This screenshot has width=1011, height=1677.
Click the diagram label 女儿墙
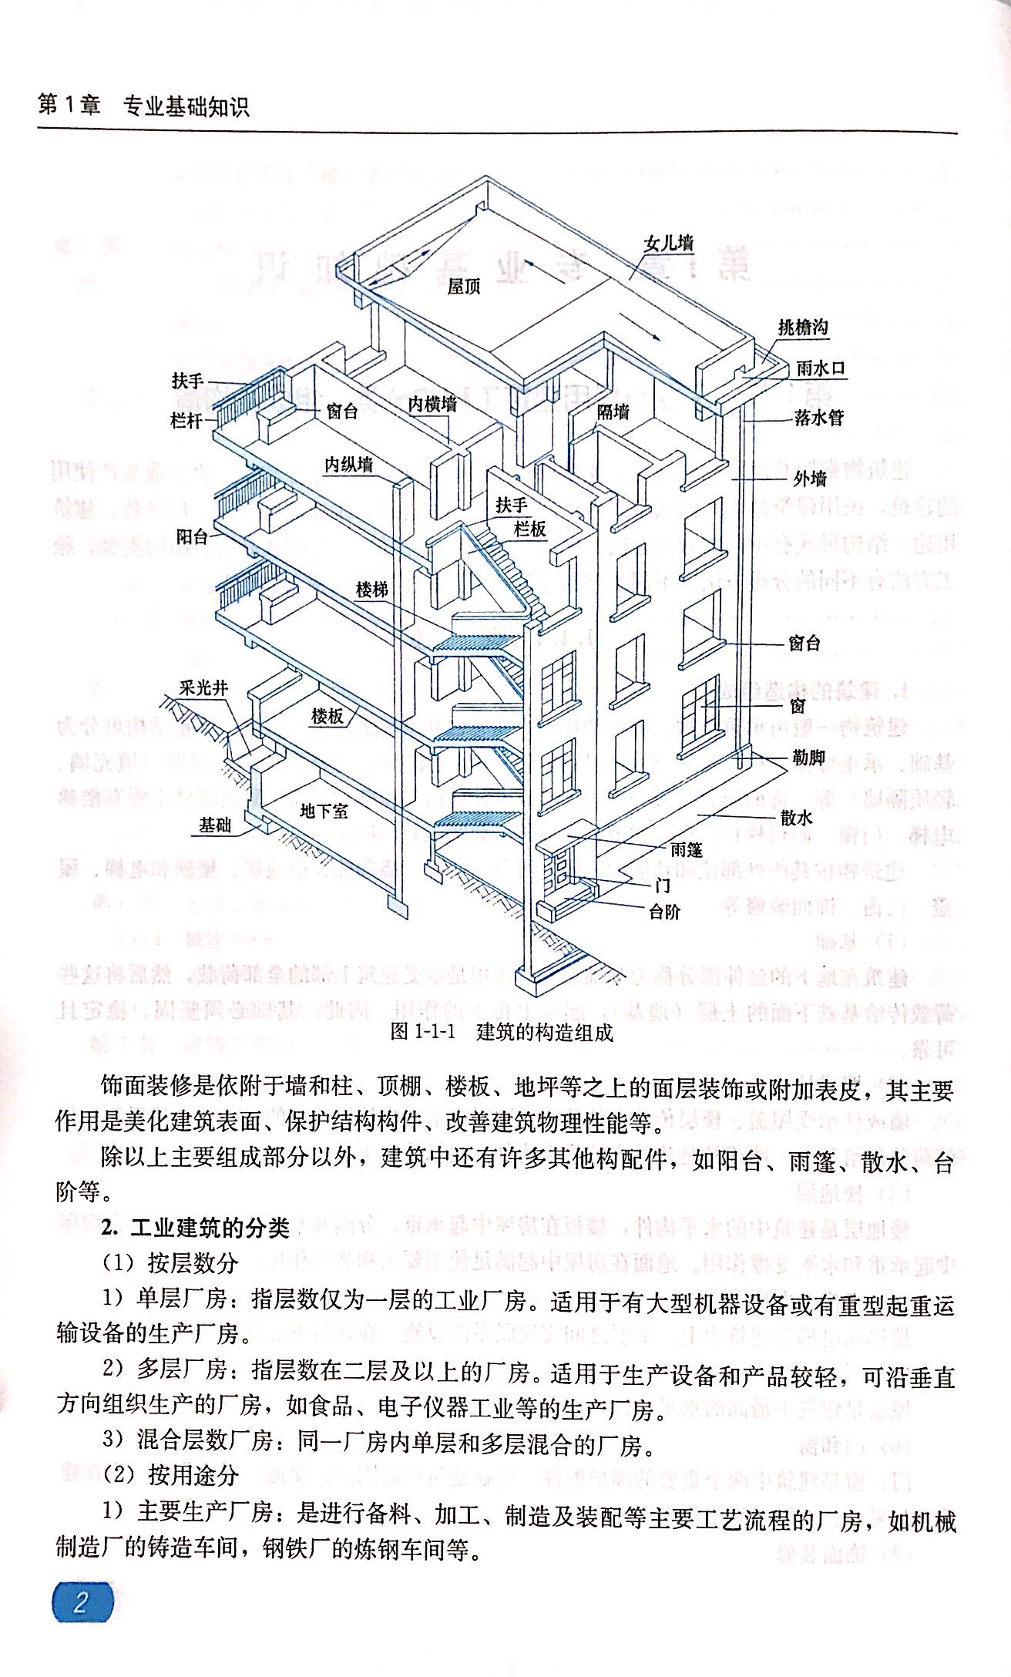pyautogui.click(x=668, y=243)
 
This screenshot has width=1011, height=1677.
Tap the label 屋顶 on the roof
pyautogui.click(x=464, y=287)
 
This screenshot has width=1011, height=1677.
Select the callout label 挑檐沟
pyautogui.click(x=802, y=327)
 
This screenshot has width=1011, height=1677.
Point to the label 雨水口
pyautogui.click(x=821, y=368)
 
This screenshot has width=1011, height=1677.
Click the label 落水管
pyautogui.click(x=819, y=418)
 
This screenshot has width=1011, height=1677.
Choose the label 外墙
pyautogui.click(x=810, y=479)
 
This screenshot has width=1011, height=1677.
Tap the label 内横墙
pyautogui.click(x=432, y=403)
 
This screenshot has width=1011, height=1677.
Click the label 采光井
pyautogui.click(x=203, y=687)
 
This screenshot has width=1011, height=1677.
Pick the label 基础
pyautogui.click(x=215, y=825)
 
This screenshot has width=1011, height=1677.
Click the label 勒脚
pyautogui.click(x=808, y=758)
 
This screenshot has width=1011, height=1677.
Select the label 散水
pyautogui.click(x=797, y=818)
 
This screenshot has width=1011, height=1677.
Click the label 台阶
pyautogui.click(x=664, y=912)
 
